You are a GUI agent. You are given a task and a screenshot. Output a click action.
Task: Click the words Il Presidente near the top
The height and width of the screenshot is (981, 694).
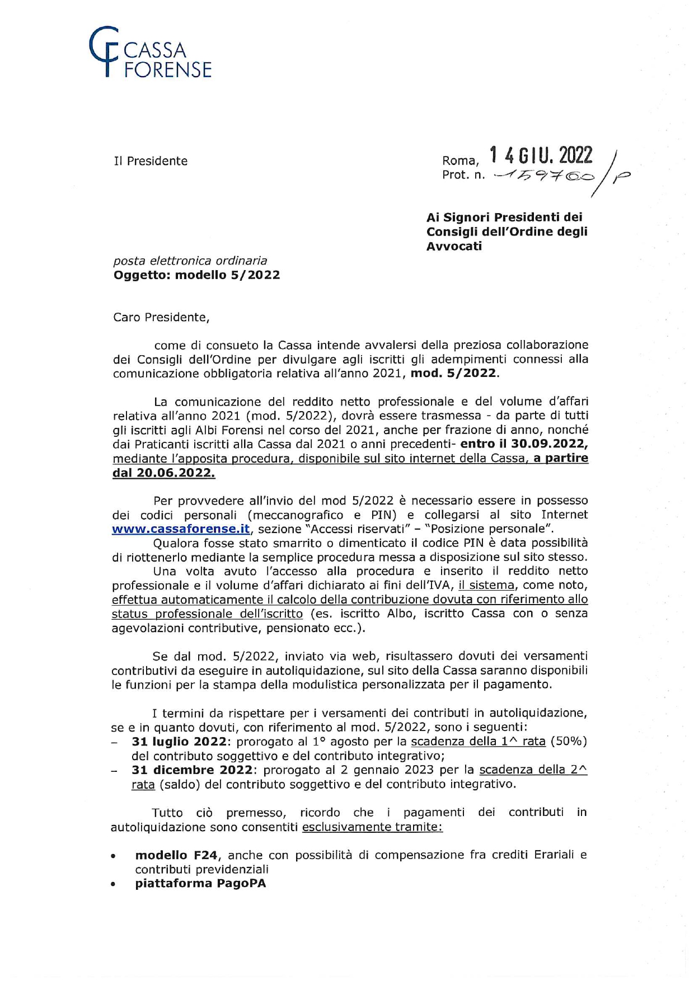pyautogui.click(x=151, y=161)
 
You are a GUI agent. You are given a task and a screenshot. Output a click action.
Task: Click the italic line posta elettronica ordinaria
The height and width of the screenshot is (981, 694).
pyautogui.click(x=190, y=261)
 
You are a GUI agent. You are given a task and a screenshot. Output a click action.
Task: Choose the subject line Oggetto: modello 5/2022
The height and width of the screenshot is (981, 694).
pyautogui.click(x=196, y=275)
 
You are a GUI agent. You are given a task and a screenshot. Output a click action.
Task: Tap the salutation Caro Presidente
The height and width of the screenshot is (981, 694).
pyautogui.click(x=161, y=318)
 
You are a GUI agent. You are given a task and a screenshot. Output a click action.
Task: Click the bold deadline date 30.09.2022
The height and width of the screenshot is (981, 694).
pyautogui.click(x=548, y=445)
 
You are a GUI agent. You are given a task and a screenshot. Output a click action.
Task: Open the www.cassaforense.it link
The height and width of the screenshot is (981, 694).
pyautogui.click(x=181, y=529)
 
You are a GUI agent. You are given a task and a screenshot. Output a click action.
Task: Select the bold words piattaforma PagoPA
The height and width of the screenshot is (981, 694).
pyautogui.click(x=200, y=884)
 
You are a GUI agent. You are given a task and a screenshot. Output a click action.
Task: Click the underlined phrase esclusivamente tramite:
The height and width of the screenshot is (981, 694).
pyautogui.click(x=372, y=827)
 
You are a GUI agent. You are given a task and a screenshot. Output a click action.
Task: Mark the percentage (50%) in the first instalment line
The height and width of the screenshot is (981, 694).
pyautogui.click(x=569, y=742)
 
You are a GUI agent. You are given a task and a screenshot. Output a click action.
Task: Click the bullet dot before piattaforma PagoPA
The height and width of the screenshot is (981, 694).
pyautogui.click(x=114, y=885)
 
